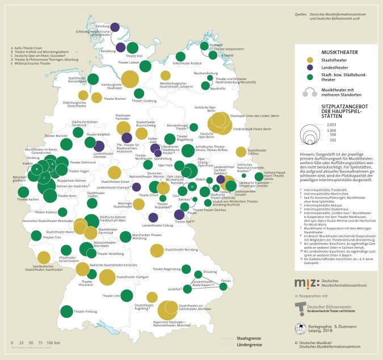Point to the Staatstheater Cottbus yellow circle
click(x=241, y=151)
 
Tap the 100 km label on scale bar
click(x=54, y=344)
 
